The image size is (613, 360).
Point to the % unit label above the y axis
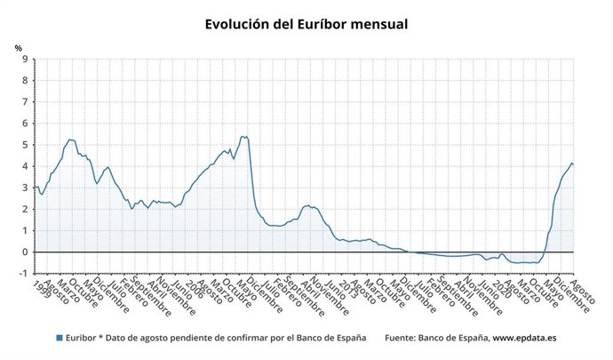tap(19, 47)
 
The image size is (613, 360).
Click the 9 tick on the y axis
tap(27, 60)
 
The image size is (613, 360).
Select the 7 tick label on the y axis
tap(27, 102)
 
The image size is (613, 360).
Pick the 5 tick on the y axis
tap(27, 145)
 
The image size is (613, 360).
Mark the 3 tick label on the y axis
tap(27, 188)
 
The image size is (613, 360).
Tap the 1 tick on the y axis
tap(27, 230)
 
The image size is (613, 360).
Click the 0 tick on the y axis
tap(27, 252)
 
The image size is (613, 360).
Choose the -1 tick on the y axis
tap(25, 273)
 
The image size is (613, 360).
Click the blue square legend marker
tap(59, 339)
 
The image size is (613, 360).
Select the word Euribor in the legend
tap(82, 339)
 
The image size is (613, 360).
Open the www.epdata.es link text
tap(524, 339)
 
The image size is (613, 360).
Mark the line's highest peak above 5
tap(243, 136)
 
